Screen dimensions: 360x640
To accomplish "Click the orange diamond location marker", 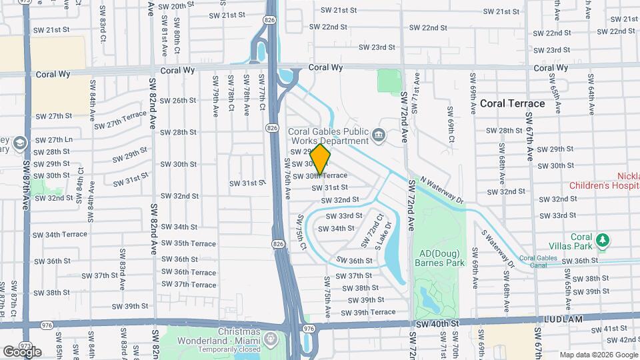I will pyautogui.click(x=320, y=160).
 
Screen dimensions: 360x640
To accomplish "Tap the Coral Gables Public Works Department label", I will pyautogui.click(x=328, y=136).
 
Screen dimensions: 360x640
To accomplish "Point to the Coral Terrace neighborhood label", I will pyautogui.click(x=512, y=103).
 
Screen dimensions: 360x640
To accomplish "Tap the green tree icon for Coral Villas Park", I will pyautogui.click(x=603, y=239).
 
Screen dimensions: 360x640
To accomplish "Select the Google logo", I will pyautogui.click(x=22, y=351).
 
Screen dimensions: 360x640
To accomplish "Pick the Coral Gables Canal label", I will pyautogui.click(x=541, y=261).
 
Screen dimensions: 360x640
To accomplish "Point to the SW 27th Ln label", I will pyautogui.click(x=55, y=140).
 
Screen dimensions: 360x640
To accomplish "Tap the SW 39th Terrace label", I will pyautogui.click(x=374, y=312).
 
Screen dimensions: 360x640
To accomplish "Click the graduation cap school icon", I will pyautogui.click(x=20, y=143).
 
